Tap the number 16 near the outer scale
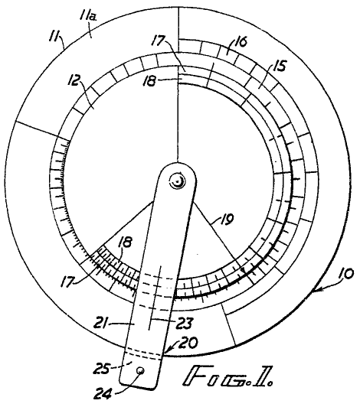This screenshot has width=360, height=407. (241, 42)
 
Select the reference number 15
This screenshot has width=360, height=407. (279, 66)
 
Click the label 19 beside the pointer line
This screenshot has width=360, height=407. (227, 220)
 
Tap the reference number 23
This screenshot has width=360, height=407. (185, 324)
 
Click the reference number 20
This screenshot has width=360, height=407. (188, 343)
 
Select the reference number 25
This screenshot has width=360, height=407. (101, 369)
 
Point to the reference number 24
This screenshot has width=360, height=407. (102, 394)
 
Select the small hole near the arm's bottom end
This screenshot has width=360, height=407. (141, 370)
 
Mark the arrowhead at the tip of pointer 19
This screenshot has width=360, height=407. (243, 270)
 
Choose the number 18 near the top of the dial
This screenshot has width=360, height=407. (149, 81)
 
